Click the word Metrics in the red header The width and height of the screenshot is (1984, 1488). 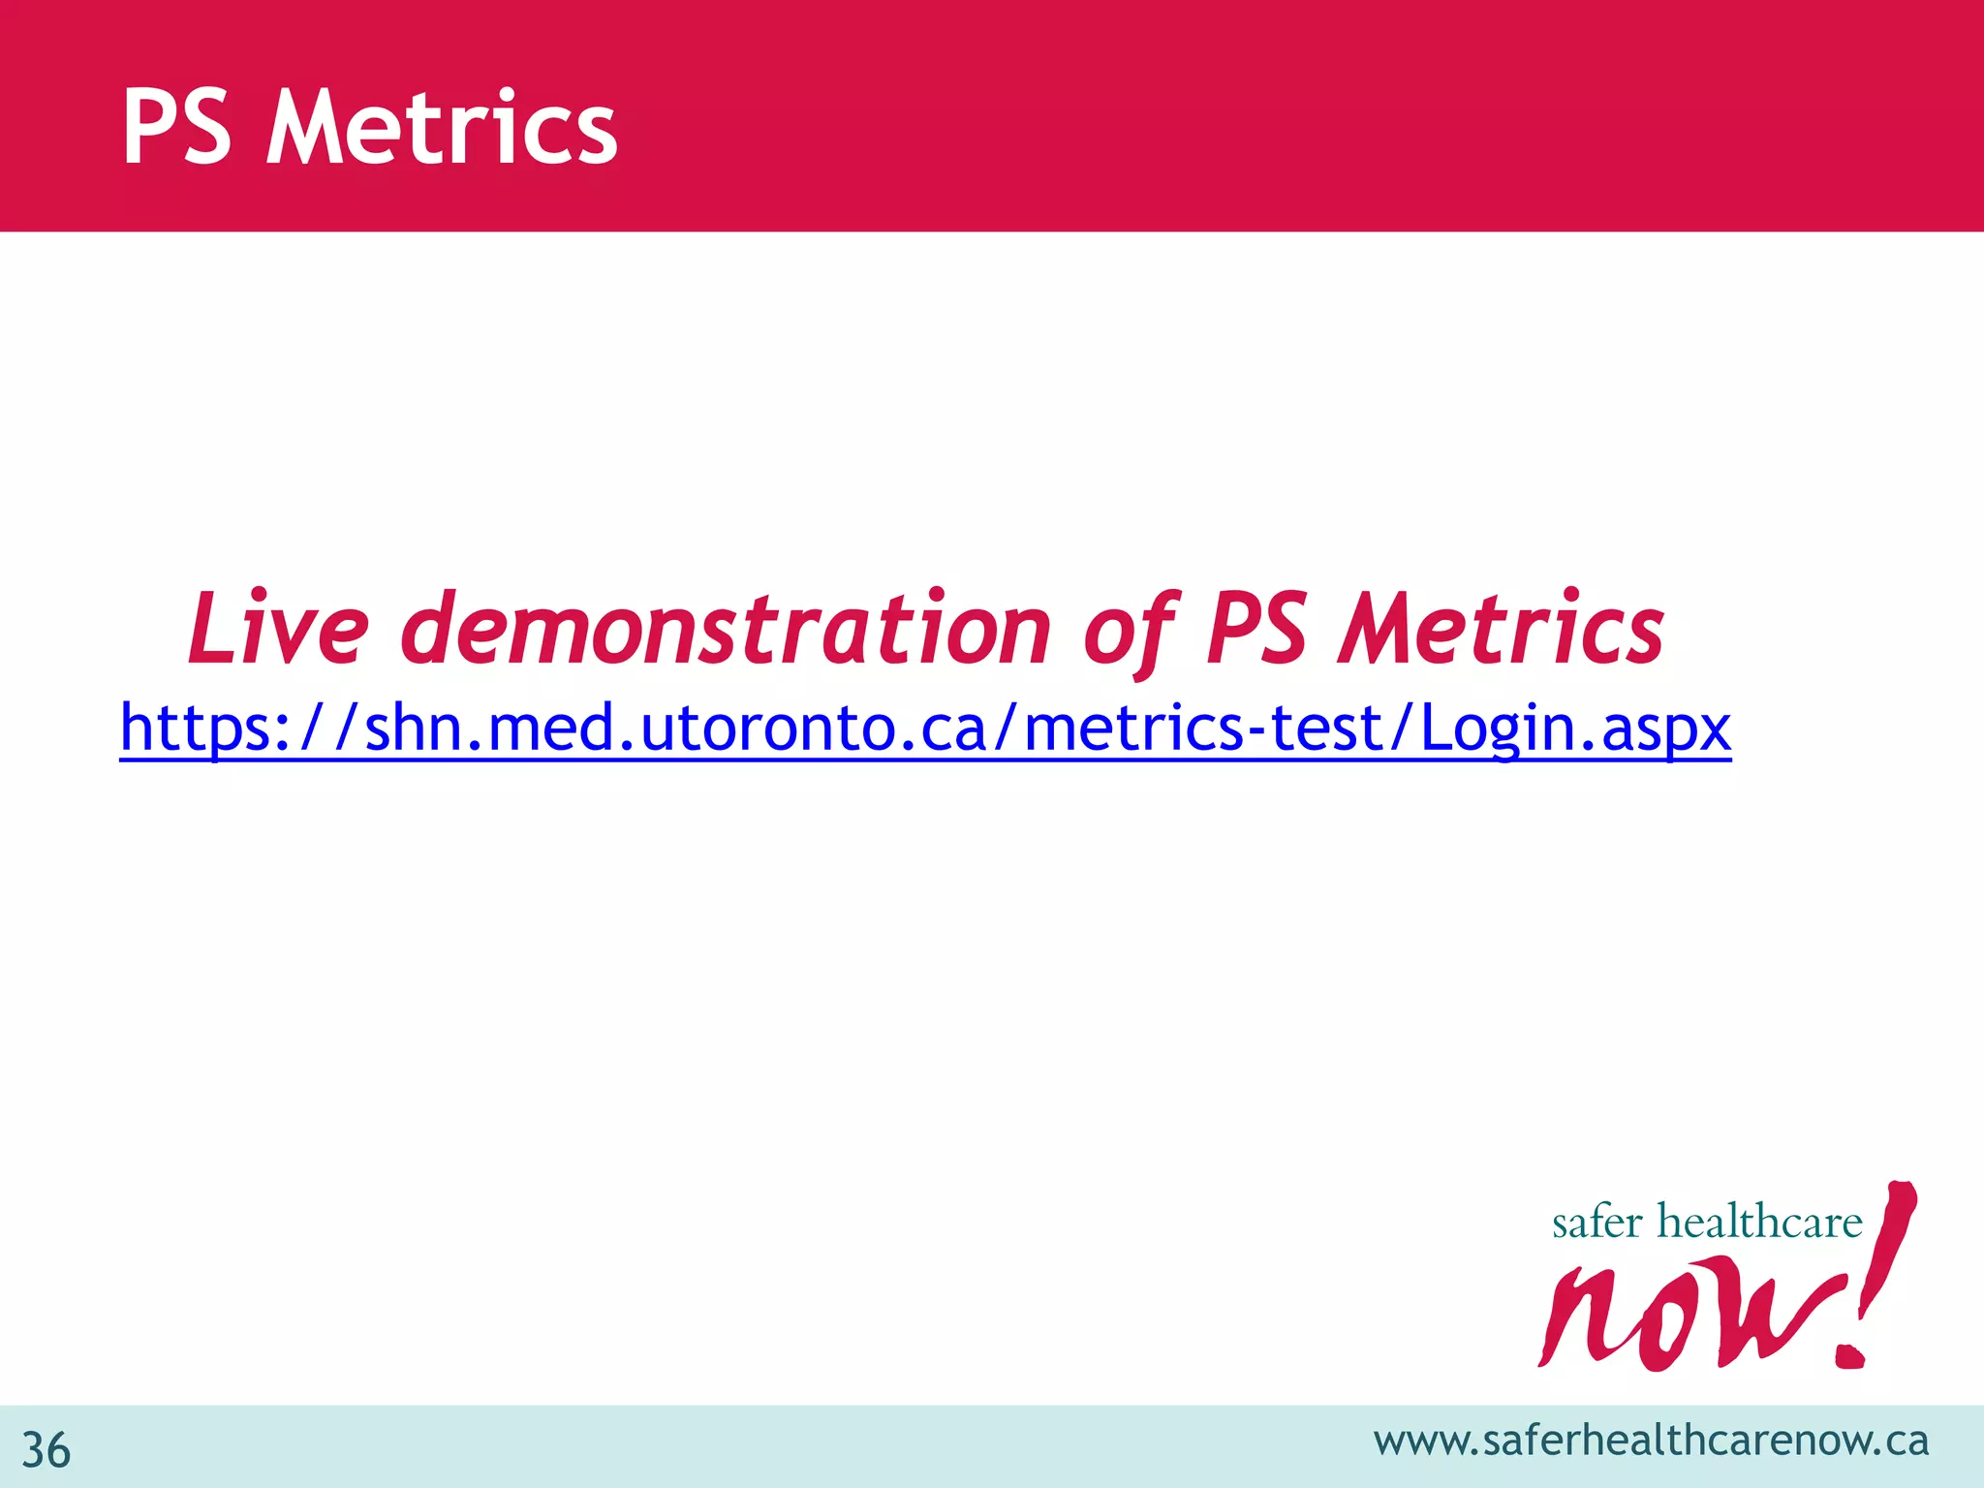tap(441, 128)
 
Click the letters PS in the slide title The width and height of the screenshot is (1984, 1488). tap(177, 128)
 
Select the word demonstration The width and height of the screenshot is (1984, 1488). tap(726, 630)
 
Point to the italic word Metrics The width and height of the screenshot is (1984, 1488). tap(1501, 630)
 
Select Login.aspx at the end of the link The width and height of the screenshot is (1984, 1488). tap(1575, 728)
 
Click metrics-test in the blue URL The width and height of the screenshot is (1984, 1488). tap(1201, 728)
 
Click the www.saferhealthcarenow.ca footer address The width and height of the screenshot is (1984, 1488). tap(1651, 1441)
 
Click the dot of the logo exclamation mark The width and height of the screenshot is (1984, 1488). tap(1852, 1353)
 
